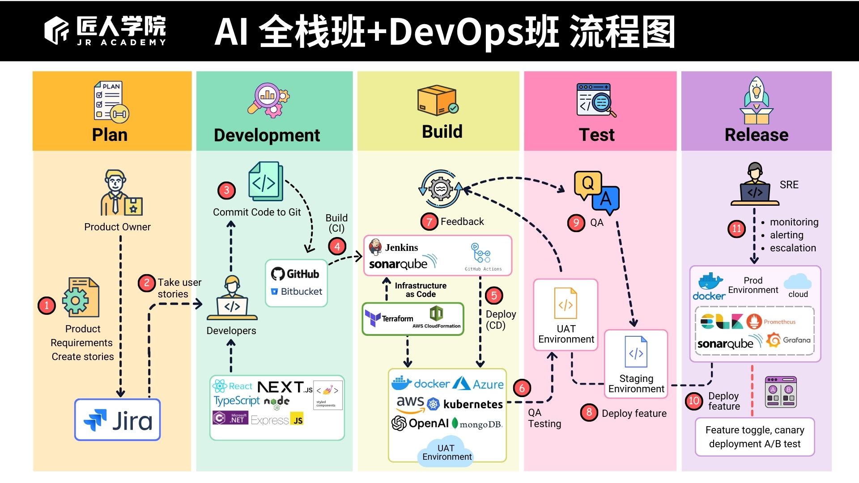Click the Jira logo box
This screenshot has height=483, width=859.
(118, 420)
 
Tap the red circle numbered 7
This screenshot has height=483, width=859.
(429, 221)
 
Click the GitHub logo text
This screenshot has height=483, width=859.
(296, 274)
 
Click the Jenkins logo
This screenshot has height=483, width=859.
(394, 247)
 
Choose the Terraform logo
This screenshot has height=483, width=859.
(389, 318)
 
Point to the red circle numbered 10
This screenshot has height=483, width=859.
(693, 401)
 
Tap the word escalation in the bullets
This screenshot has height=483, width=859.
(793, 248)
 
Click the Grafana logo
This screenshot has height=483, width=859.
(789, 340)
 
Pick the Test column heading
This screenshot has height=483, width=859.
(597, 135)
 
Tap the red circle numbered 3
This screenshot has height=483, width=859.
(226, 191)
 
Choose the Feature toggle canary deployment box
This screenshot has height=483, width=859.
(755, 437)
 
